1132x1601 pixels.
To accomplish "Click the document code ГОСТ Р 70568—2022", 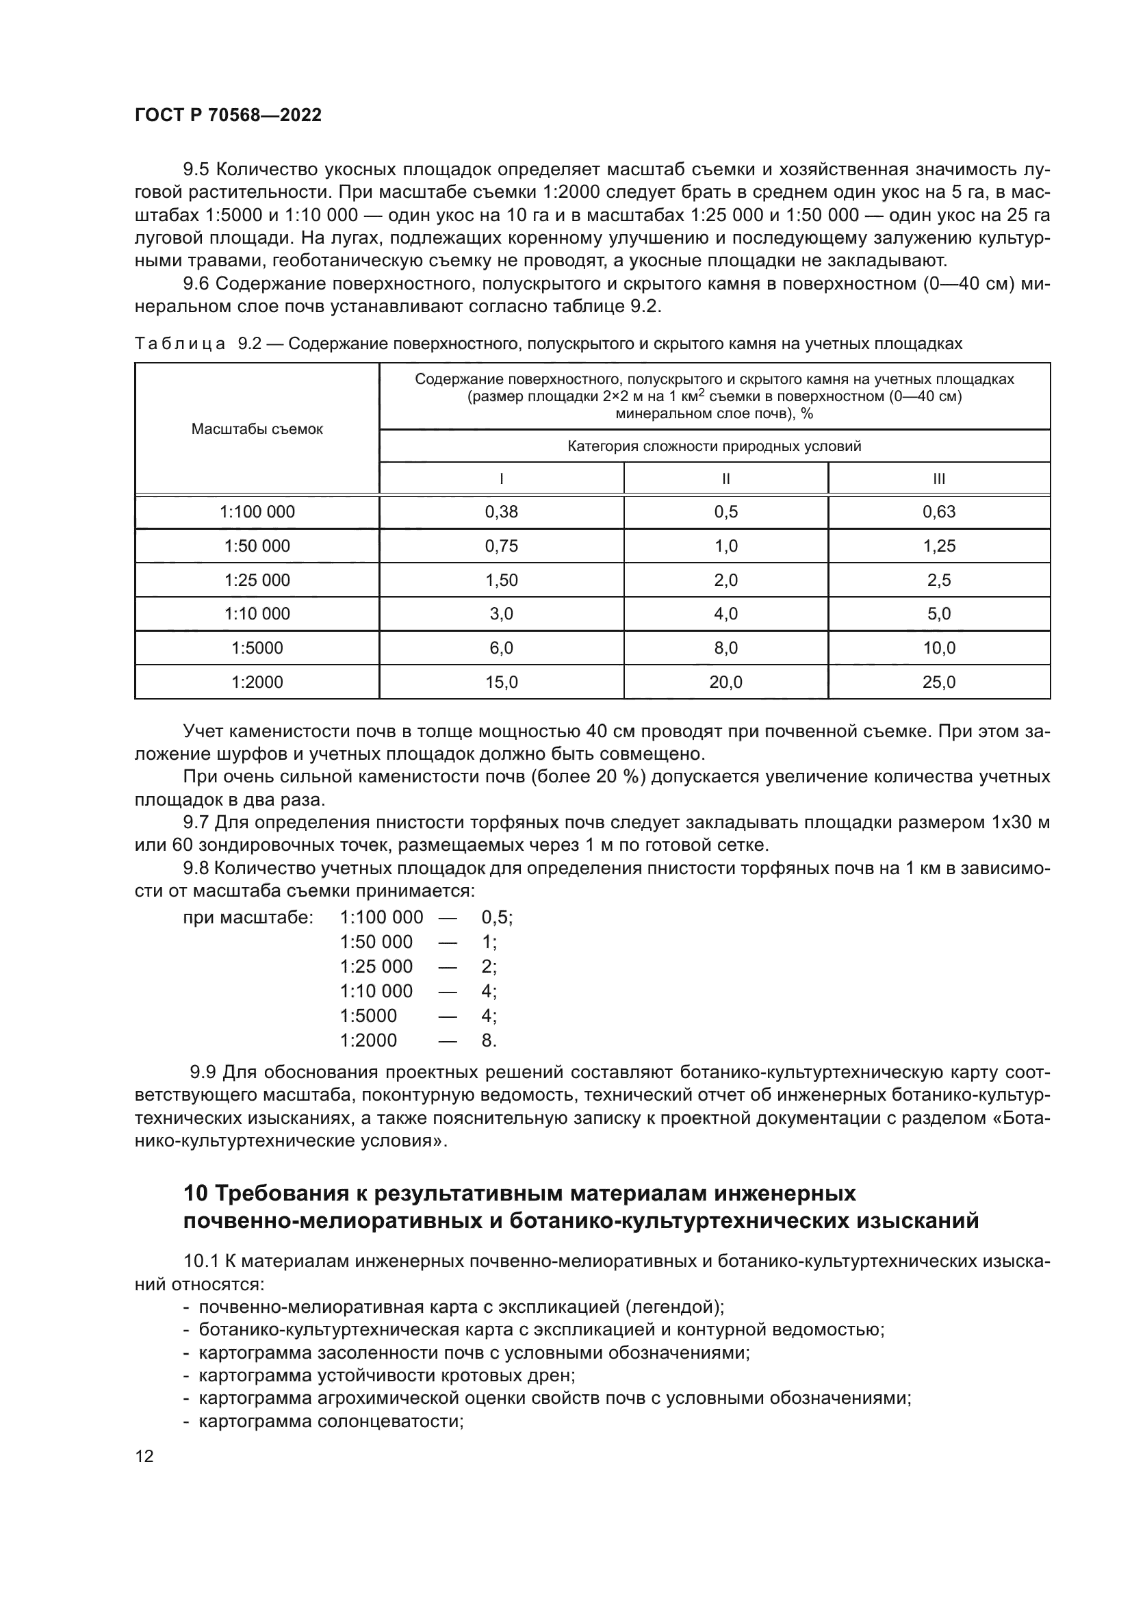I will [228, 115].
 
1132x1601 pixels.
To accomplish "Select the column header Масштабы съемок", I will [257, 429].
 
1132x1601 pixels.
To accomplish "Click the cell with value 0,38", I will [501, 512].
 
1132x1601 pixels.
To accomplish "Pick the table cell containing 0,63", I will [939, 512].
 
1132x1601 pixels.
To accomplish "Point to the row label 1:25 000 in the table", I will [257, 580].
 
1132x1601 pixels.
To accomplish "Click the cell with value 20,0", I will [725, 682].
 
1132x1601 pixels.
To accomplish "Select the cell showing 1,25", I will [939, 546].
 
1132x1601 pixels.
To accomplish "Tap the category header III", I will [939, 479].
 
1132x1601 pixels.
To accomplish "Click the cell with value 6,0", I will [501, 648].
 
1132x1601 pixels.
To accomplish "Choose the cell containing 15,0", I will [501, 682].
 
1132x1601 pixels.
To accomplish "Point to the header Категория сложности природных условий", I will [715, 446].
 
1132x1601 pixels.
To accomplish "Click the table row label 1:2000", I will [257, 682].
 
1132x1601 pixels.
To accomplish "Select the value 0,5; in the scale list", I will [496, 917].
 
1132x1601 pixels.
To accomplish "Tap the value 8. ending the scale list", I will [489, 1040].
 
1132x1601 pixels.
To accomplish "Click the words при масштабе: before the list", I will [248, 917].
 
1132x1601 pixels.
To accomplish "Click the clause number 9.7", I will [196, 823].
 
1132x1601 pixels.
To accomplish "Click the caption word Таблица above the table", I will [180, 344].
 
